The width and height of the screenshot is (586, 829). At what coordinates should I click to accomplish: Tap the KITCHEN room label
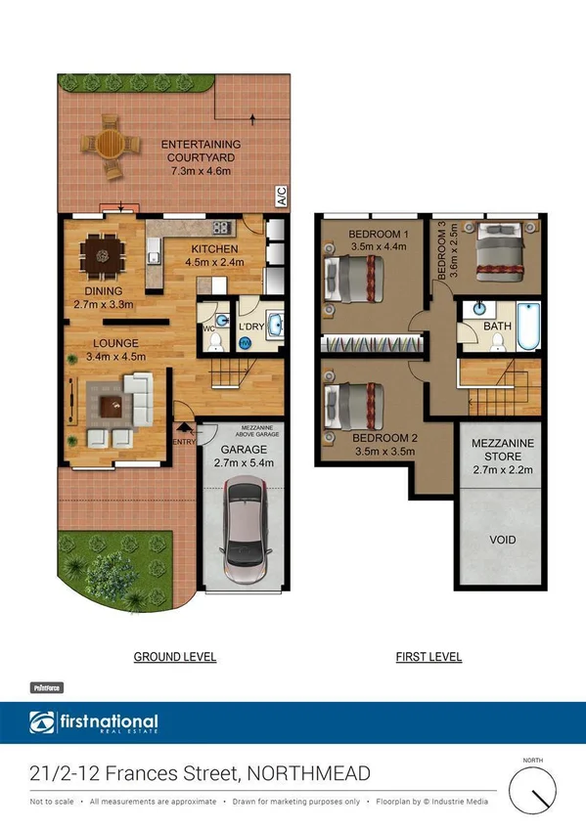pyautogui.click(x=212, y=247)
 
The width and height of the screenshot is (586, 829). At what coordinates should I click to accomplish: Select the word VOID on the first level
pyautogui.click(x=502, y=540)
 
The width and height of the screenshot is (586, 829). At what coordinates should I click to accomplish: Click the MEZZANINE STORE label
pyautogui.click(x=502, y=449)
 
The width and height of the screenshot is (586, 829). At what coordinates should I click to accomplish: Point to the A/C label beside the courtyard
pyautogui.click(x=281, y=196)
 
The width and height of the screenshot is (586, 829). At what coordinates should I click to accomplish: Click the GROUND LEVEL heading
pyautogui.click(x=174, y=657)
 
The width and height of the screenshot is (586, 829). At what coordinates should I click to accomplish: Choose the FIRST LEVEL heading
pyautogui.click(x=428, y=657)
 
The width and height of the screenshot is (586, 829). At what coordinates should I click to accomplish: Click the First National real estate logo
pyautogui.click(x=94, y=724)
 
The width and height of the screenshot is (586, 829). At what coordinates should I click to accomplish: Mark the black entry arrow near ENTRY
pyautogui.click(x=184, y=427)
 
